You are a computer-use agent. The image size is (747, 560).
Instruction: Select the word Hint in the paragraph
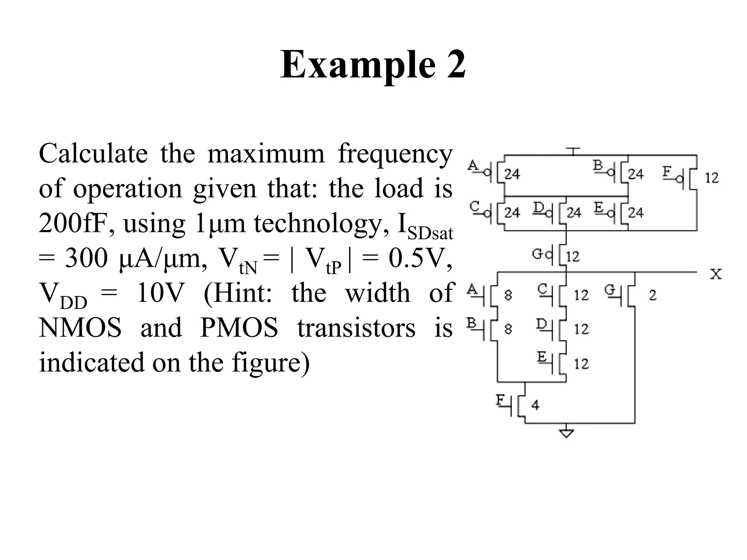tap(241, 293)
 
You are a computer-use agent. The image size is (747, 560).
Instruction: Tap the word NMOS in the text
tap(80, 327)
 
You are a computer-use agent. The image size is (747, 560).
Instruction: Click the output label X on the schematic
tap(716, 274)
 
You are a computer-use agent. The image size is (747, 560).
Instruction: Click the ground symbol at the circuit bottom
tap(566, 433)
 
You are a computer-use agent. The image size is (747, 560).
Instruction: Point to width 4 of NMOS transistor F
tap(535, 405)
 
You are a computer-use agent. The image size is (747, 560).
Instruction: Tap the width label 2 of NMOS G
tap(653, 295)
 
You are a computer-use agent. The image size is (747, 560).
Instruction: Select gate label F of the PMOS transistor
tap(667, 171)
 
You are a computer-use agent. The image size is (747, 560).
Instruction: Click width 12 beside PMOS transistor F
tap(712, 178)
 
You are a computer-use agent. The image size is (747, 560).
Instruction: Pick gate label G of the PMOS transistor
tap(537, 254)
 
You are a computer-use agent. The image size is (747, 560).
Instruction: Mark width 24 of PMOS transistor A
tap(512, 174)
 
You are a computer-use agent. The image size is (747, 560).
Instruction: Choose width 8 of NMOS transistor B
tap(508, 329)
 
